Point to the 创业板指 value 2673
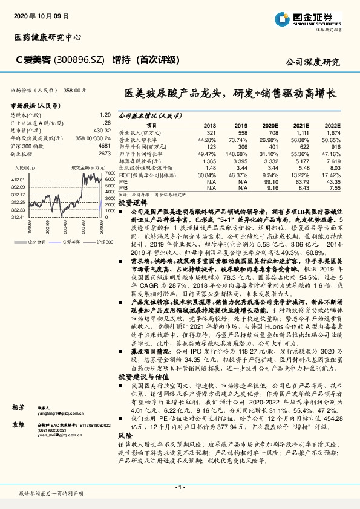(x=104, y=154)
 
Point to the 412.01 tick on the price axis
(x=17, y=180)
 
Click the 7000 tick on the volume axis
(x=110, y=173)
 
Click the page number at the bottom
(x=180, y=487)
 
